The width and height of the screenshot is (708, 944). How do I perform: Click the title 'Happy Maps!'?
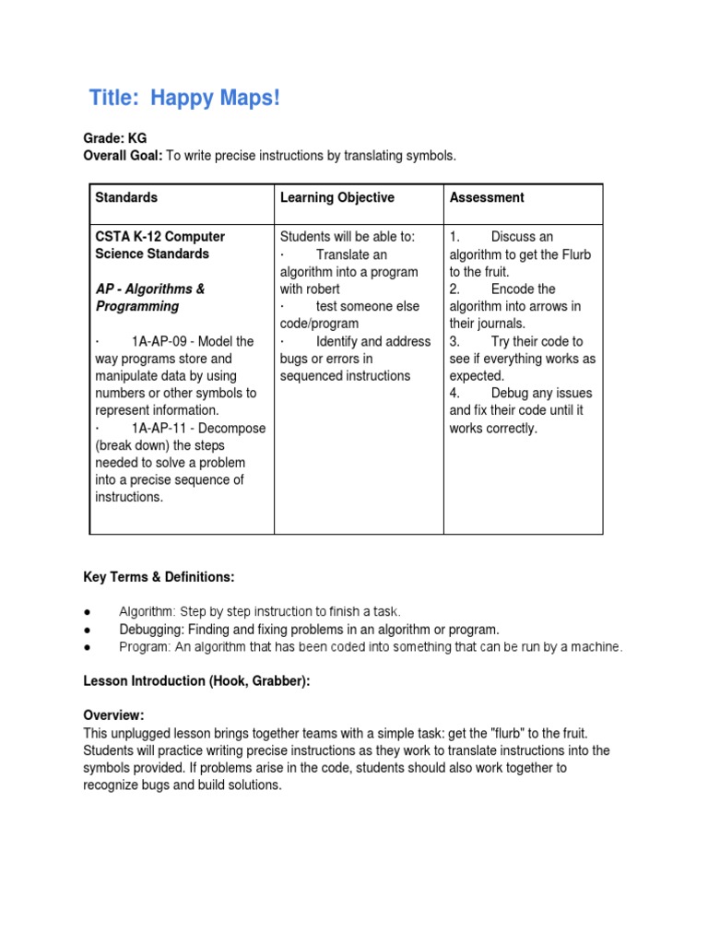(x=215, y=98)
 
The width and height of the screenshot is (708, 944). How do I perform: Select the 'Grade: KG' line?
(x=115, y=138)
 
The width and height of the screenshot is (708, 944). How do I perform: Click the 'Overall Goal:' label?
(x=123, y=156)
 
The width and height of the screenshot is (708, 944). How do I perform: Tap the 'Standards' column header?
(x=126, y=197)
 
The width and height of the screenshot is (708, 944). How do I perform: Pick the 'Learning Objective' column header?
(x=336, y=197)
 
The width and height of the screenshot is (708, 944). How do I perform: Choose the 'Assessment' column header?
(x=487, y=197)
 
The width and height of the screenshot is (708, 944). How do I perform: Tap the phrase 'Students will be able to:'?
(x=348, y=237)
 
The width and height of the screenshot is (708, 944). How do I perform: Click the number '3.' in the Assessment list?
(x=455, y=341)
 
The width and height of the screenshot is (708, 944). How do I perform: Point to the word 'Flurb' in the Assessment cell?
(x=573, y=254)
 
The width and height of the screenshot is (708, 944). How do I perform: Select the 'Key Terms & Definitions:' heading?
(x=159, y=577)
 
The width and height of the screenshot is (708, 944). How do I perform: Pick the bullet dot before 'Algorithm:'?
(x=86, y=612)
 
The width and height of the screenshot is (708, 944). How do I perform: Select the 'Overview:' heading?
(x=114, y=716)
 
